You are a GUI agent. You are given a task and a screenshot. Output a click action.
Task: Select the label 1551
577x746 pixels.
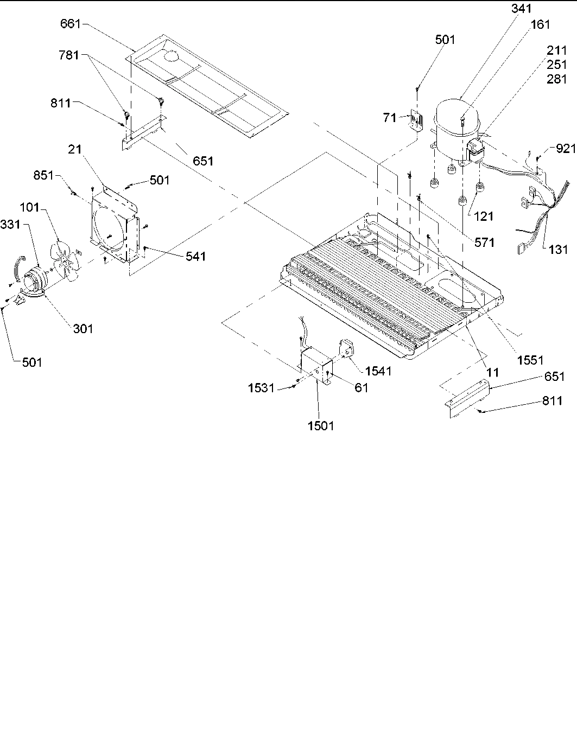[x=530, y=360]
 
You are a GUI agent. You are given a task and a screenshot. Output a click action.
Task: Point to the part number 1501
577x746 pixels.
[x=320, y=426]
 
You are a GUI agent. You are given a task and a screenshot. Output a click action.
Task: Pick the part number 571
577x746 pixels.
[x=484, y=242]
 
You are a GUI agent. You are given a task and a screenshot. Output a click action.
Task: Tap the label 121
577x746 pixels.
[x=483, y=216]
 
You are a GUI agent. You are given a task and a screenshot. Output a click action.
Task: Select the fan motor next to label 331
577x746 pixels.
[x=34, y=278]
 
